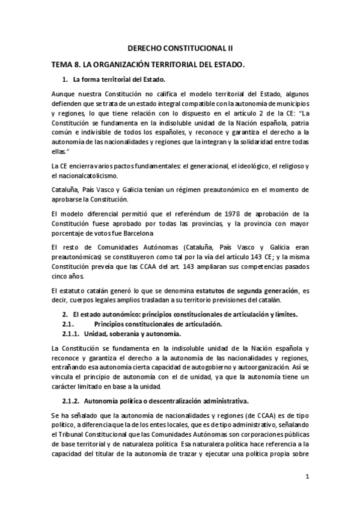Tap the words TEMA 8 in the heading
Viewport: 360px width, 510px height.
click(x=65, y=64)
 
